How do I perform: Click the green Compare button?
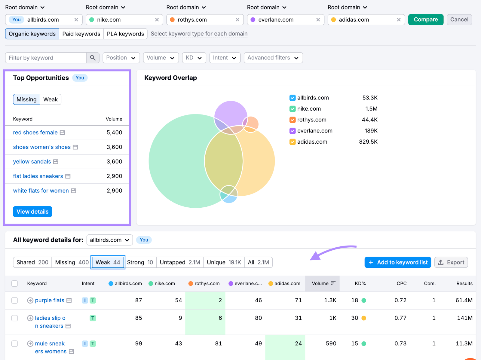pos(425,20)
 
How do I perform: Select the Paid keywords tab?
pos(81,34)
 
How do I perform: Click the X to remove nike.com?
pos(157,20)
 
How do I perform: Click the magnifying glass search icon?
pos(93,58)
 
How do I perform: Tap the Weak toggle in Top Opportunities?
pos(50,99)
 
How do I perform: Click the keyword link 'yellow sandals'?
pos(32,162)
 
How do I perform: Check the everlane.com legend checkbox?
pos(292,131)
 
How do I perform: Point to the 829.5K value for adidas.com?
pos(368,142)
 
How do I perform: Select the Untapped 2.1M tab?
pos(180,262)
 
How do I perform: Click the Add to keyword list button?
pos(397,262)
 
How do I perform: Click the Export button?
pos(451,262)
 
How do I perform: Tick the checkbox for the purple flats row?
pos(14,301)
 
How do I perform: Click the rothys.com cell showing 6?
pos(206,318)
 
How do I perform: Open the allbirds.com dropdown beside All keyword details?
pos(109,240)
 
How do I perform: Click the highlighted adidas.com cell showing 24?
pos(286,343)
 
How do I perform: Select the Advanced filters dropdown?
pos(273,58)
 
